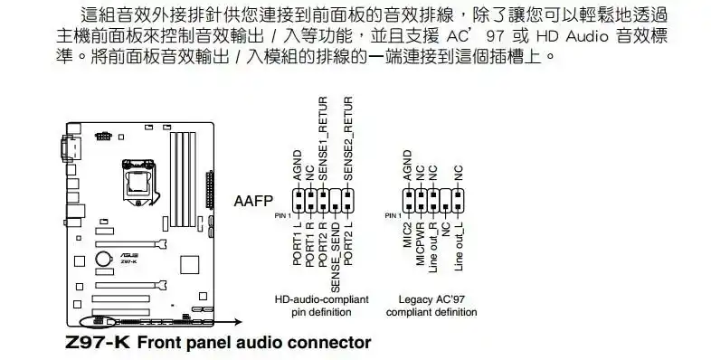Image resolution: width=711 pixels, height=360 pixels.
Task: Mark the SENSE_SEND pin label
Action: [336, 258]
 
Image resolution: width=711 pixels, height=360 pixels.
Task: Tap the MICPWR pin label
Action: [421, 243]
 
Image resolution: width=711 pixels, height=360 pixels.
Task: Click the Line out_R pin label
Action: [433, 249]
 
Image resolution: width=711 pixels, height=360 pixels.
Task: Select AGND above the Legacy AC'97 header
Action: [408, 166]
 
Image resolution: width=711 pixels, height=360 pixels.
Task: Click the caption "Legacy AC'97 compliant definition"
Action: [431, 305]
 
